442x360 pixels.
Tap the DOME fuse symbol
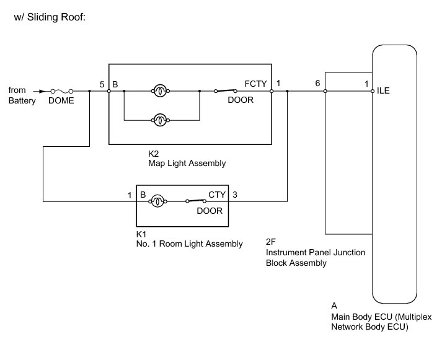pos(63,91)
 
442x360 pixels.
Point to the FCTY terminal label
pos(256,83)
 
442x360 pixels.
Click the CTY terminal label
pos(216,195)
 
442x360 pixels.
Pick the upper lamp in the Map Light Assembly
pos(160,91)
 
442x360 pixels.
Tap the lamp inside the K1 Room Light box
pos(157,201)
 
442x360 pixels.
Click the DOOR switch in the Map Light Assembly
pos(226,91)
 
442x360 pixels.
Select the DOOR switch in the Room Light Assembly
pos(197,201)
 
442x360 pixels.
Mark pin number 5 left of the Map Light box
pos(102,83)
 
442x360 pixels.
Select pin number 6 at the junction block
pos(317,83)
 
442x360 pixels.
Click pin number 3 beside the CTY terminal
pos(234,195)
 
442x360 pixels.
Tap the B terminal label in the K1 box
pos(143,195)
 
